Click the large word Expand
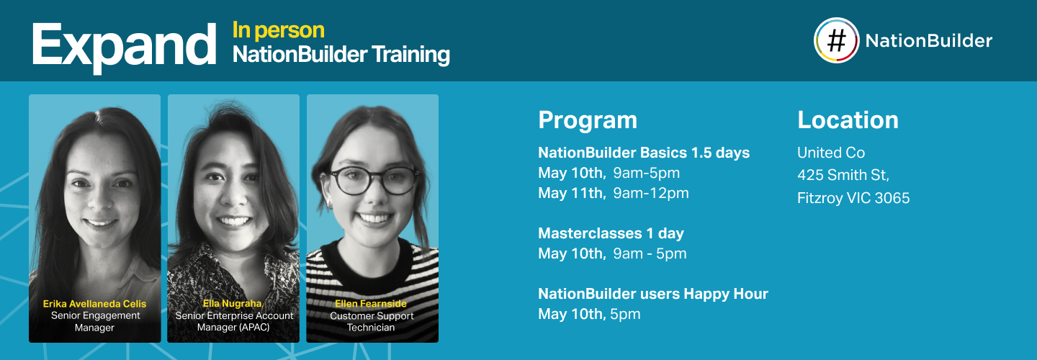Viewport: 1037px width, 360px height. pyautogui.click(x=123, y=45)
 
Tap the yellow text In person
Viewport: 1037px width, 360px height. pyautogui.click(x=278, y=30)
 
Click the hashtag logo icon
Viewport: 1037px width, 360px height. pyautogui.click(x=836, y=41)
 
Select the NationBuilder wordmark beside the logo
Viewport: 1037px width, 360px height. pyautogui.click(x=928, y=41)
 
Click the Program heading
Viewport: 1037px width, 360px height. pyautogui.click(x=588, y=120)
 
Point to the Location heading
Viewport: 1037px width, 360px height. pyautogui.click(x=848, y=120)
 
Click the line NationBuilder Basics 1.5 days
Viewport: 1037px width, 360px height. pyautogui.click(x=644, y=153)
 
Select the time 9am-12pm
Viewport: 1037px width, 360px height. pyautogui.click(x=651, y=193)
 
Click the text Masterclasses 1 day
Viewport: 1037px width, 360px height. pyautogui.click(x=611, y=233)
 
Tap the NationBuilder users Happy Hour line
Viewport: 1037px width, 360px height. pyautogui.click(x=653, y=294)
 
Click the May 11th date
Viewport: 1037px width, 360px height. pyautogui.click(x=572, y=193)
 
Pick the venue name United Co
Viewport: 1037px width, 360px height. pyautogui.click(x=831, y=153)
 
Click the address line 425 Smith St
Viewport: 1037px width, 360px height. pyautogui.click(x=843, y=175)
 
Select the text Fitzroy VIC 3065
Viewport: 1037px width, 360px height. pyautogui.click(x=853, y=198)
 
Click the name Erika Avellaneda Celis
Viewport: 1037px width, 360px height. pyautogui.click(x=94, y=304)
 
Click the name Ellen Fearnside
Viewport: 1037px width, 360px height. pyautogui.click(x=372, y=304)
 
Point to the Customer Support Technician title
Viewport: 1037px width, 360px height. pyautogui.click(x=372, y=321)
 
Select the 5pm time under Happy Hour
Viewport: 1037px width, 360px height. pyautogui.click(x=625, y=314)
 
